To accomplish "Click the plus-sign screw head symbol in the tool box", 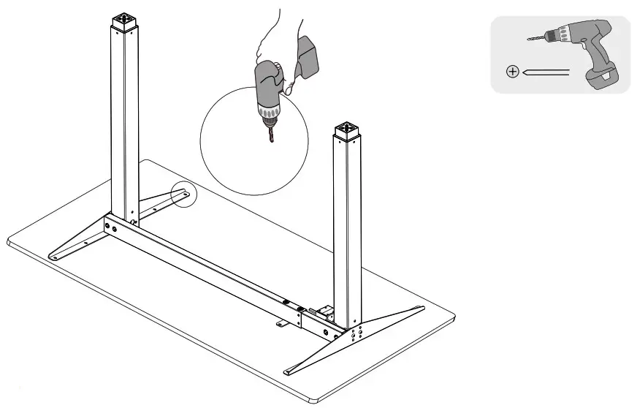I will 512,72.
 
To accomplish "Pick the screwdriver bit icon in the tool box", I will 546,72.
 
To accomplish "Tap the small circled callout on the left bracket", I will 183,195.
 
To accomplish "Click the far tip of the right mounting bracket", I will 418,310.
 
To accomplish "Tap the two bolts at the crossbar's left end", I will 112,227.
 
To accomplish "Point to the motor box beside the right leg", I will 325,314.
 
